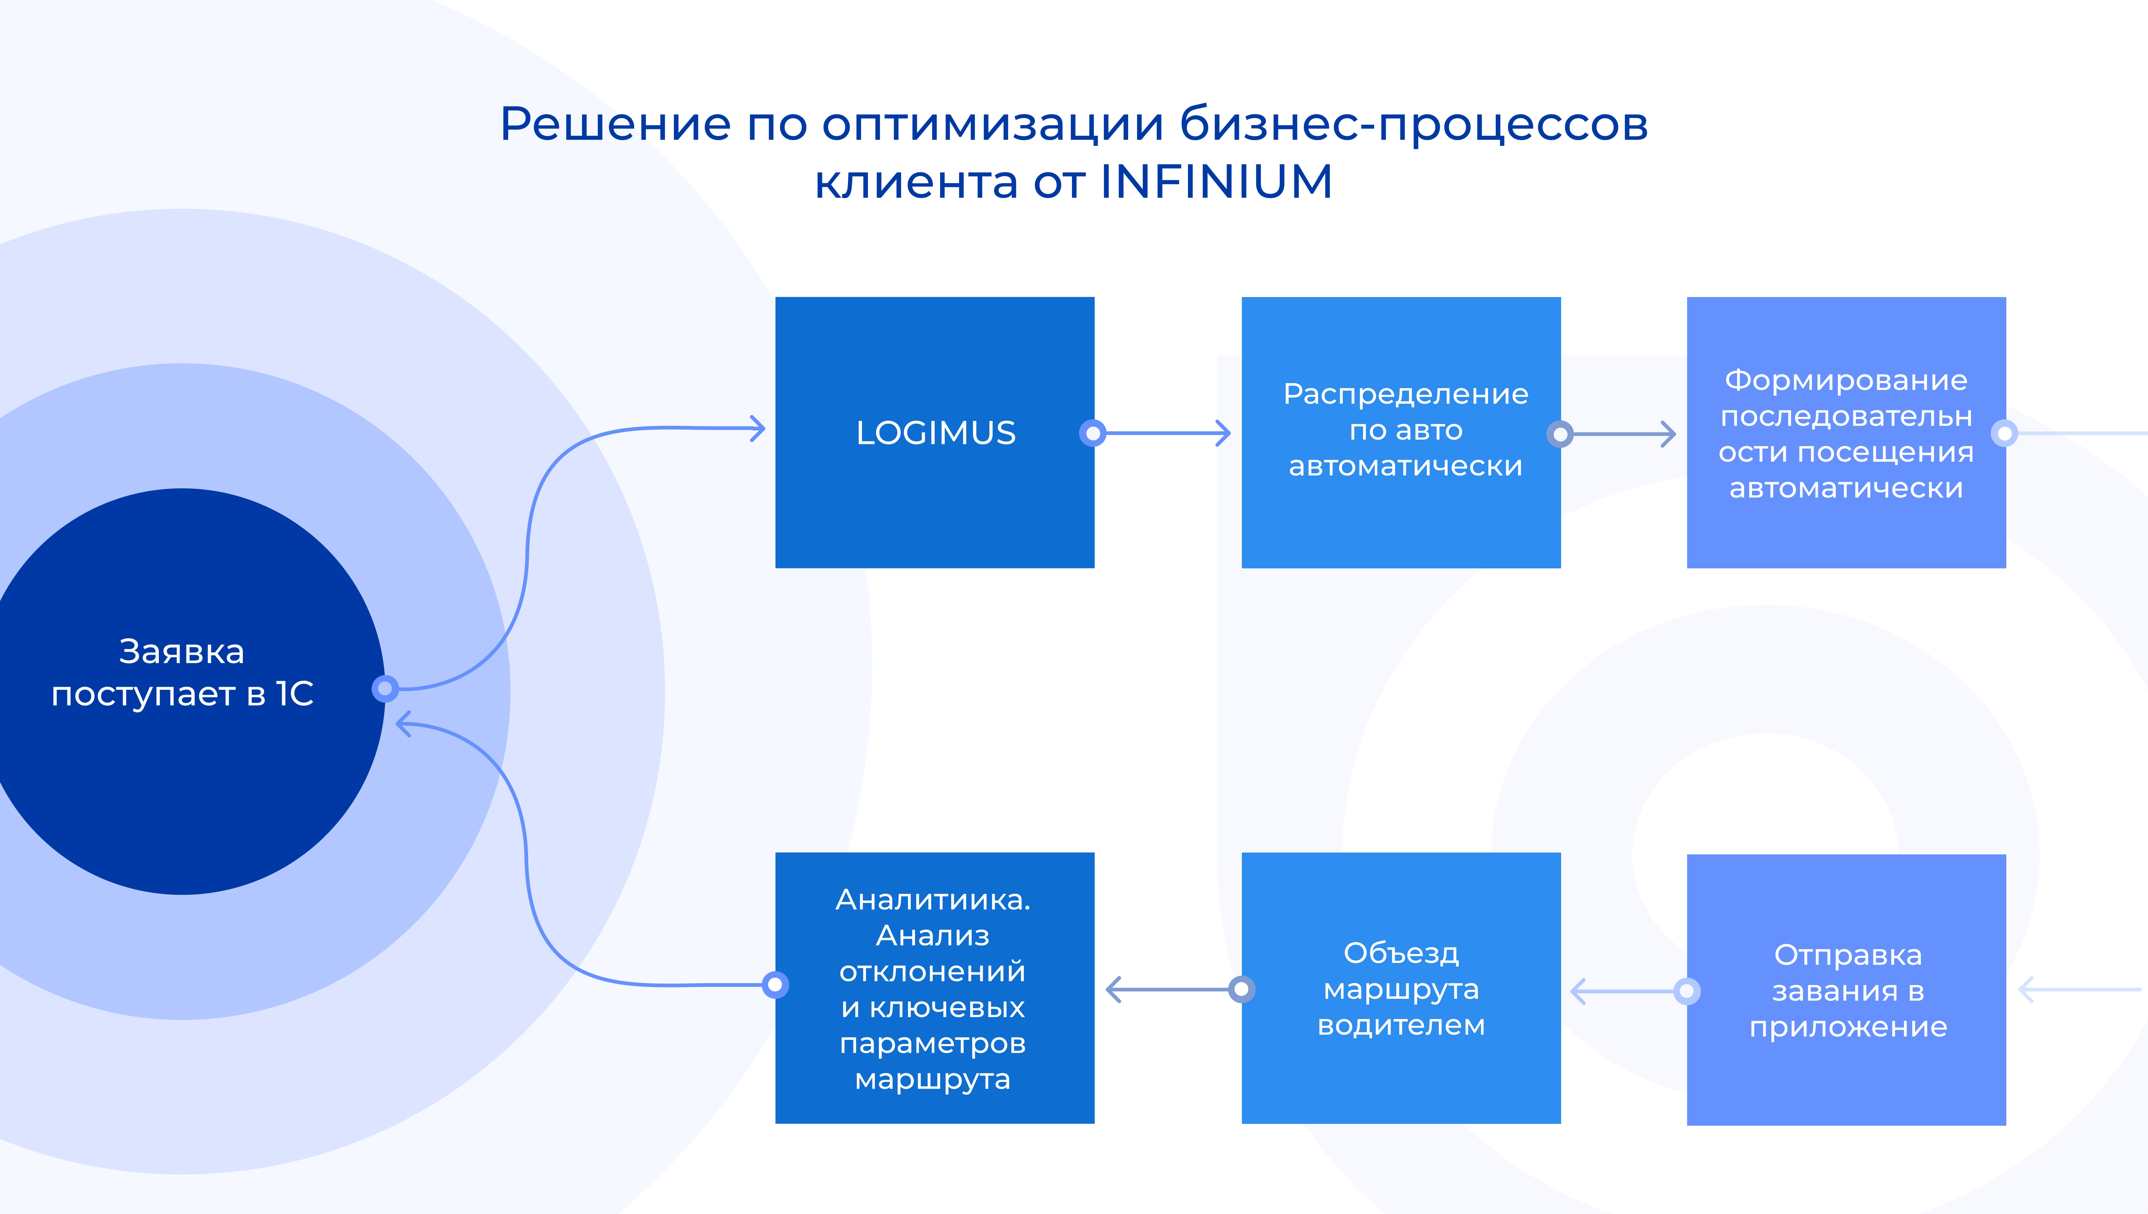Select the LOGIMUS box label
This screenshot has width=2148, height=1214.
click(936, 433)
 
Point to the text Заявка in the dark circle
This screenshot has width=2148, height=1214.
click(182, 651)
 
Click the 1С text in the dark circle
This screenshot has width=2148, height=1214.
click(294, 693)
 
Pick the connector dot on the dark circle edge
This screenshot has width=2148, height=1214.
click(385, 689)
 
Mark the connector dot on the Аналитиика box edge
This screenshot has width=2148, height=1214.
click(775, 985)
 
